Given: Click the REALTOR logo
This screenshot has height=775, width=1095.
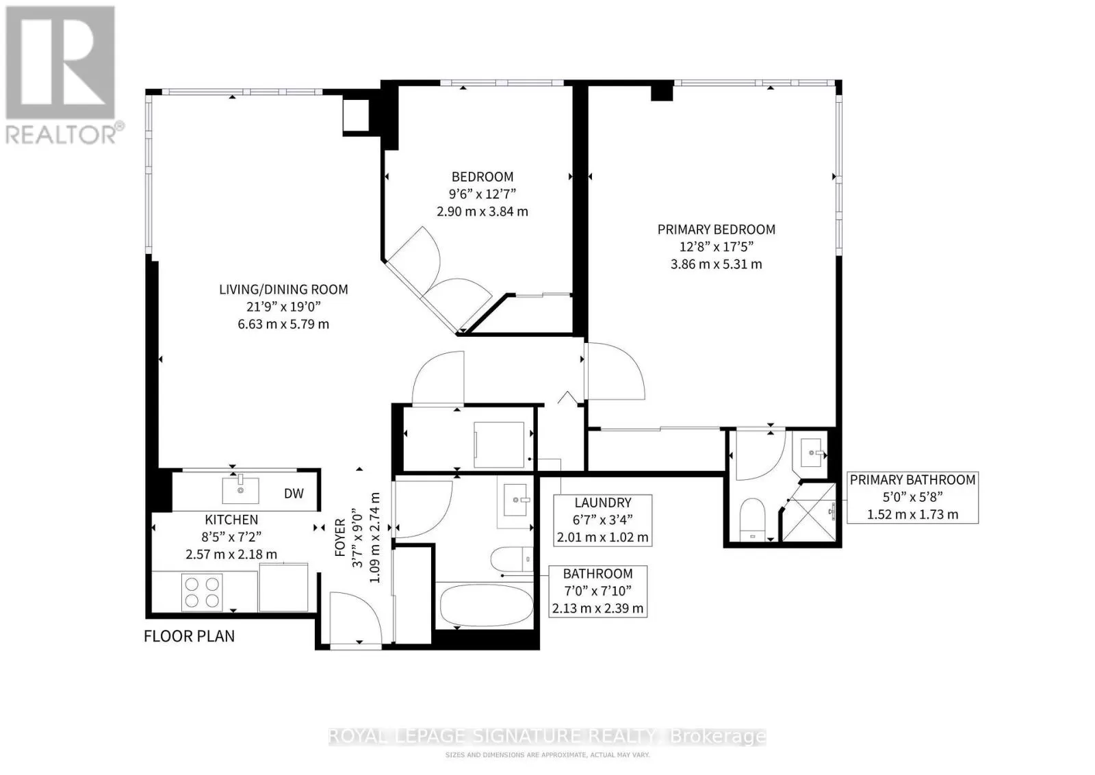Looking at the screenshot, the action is [x=61, y=75].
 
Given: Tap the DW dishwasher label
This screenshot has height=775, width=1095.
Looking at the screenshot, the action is [x=294, y=494].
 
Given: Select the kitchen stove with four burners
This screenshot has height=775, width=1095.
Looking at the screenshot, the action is [x=202, y=592].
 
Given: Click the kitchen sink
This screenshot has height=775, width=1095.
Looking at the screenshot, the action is [x=240, y=490].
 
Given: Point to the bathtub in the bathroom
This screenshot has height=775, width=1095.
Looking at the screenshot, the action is [x=487, y=606].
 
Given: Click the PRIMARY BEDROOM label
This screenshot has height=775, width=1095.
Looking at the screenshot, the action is [x=716, y=229].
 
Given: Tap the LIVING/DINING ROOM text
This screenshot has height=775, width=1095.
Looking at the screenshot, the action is [x=283, y=290].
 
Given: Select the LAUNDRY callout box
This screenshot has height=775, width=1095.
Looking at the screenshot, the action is [x=603, y=520].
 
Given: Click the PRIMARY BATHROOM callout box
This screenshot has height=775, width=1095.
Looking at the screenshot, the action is [x=913, y=497].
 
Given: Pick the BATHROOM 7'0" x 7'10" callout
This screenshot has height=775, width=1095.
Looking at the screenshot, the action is [x=598, y=591].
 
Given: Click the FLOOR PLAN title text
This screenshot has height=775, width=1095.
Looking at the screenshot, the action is [x=189, y=636].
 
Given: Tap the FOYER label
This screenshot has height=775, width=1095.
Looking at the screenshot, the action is [x=339, y=537].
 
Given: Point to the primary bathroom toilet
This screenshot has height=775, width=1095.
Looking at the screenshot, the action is [x=752, y=519].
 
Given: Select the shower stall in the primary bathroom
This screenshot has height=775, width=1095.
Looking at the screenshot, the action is [x=808, y=511].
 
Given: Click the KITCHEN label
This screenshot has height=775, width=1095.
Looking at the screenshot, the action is [x=231, y=519].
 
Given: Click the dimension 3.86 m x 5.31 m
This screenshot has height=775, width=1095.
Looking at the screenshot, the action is [x=716, y=264].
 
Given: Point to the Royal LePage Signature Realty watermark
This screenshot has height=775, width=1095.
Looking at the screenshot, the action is [x=547, y=737].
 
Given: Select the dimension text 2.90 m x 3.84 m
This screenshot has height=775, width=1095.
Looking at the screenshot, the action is [x=482, y=212].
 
